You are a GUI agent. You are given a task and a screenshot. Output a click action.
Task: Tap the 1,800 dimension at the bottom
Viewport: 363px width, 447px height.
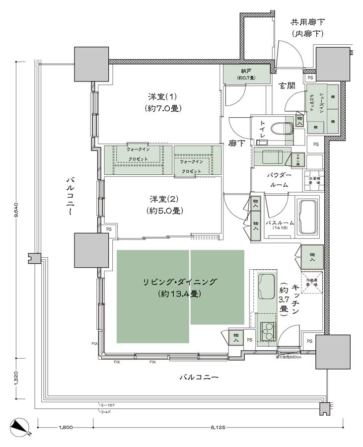click(x=66, y=427)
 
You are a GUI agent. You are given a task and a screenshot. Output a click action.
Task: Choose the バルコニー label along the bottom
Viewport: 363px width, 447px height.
click(x=199, y=378)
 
